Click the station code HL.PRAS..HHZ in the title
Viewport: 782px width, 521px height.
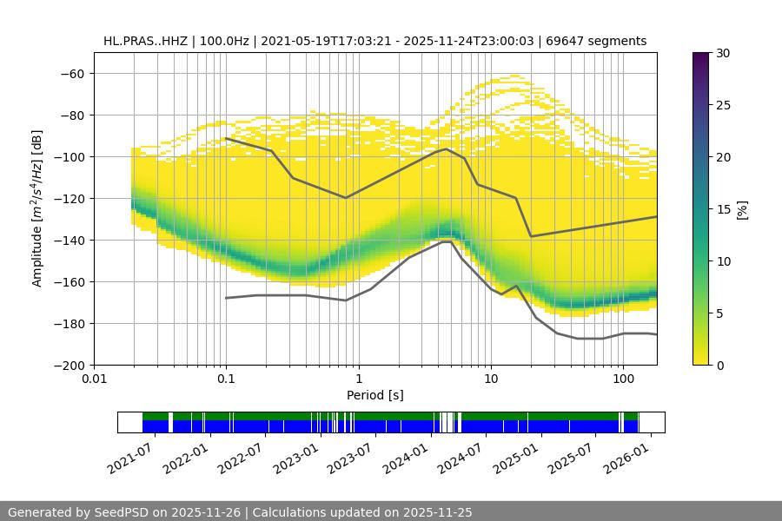145,41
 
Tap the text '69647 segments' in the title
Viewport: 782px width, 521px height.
602,41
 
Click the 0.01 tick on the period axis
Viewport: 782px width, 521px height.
94,379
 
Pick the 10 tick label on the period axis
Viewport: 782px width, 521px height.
491,379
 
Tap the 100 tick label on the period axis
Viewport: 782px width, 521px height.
623,379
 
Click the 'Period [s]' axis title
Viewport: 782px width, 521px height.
375,395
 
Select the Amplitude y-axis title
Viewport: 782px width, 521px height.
37,208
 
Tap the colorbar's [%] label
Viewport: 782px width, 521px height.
741,209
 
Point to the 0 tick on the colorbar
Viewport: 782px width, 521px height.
719,365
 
